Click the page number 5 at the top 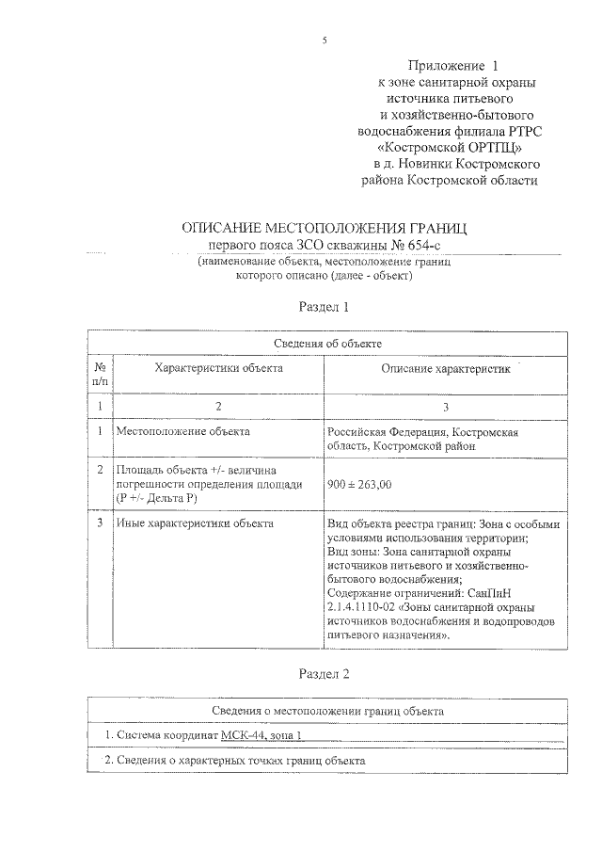323,40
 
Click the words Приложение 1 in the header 451,66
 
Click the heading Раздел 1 324,306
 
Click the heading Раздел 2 324,674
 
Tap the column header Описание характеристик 446,370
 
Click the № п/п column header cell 100,376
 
